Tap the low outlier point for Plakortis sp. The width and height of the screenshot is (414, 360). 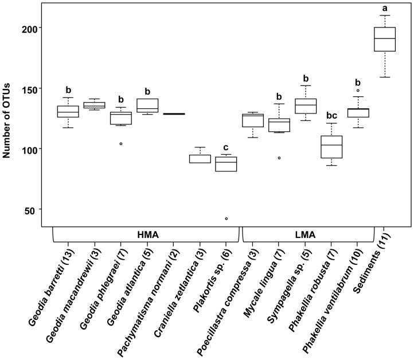point(226,218)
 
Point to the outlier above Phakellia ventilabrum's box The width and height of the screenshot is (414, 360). point(358,90)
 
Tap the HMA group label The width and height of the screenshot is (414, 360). point(148,234)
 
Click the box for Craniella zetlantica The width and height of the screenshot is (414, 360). point(200,159)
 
